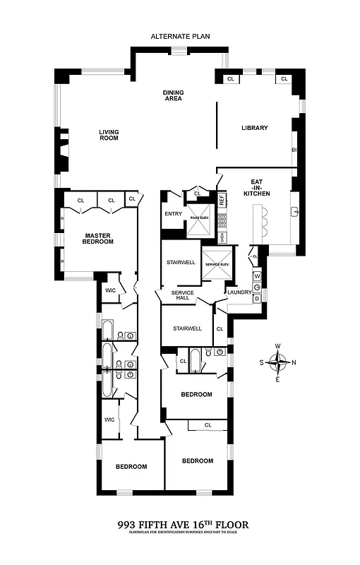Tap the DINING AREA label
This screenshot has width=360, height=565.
point(173,95)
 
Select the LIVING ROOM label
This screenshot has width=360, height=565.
point(108,134)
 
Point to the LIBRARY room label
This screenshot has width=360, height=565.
point(254,128)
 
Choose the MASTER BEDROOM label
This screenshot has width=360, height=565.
point(99,239)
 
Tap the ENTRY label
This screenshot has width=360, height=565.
point(173,214)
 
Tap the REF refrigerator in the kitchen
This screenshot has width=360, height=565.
point(222,200)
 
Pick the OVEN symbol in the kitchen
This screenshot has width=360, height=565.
point(222,237)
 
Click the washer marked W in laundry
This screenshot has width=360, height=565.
point(258,276)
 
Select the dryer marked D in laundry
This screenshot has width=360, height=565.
point(258,298)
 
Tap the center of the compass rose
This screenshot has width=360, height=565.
point(280,363)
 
